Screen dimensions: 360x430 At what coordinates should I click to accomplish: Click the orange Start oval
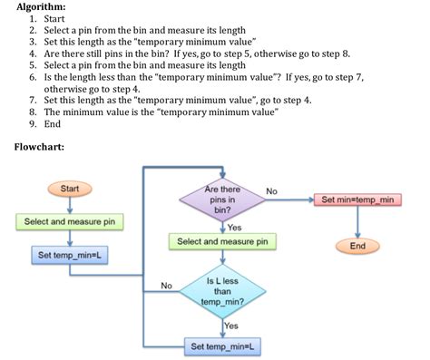(x=69, y=188)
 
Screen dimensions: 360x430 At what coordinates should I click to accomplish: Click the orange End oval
(x=357, y=246)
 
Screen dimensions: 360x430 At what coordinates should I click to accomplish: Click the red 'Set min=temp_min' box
(x=357, y=199)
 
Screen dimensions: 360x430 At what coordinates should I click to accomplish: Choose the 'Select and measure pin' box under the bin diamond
(x=222, y=242)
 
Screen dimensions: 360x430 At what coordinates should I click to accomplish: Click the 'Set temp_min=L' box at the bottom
(x=222, y=346)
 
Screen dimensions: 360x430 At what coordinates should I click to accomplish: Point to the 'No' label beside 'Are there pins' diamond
(x=271, y=190)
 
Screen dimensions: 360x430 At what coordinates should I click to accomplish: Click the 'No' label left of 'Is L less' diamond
(x=166, y=286)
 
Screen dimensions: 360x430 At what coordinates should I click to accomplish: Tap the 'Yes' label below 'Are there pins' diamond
(x=234, y=227)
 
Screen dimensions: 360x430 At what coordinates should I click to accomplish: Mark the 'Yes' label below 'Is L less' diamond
(x=231, y=325)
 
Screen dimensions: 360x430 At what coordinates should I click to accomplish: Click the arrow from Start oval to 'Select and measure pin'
(x=69, y=205)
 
